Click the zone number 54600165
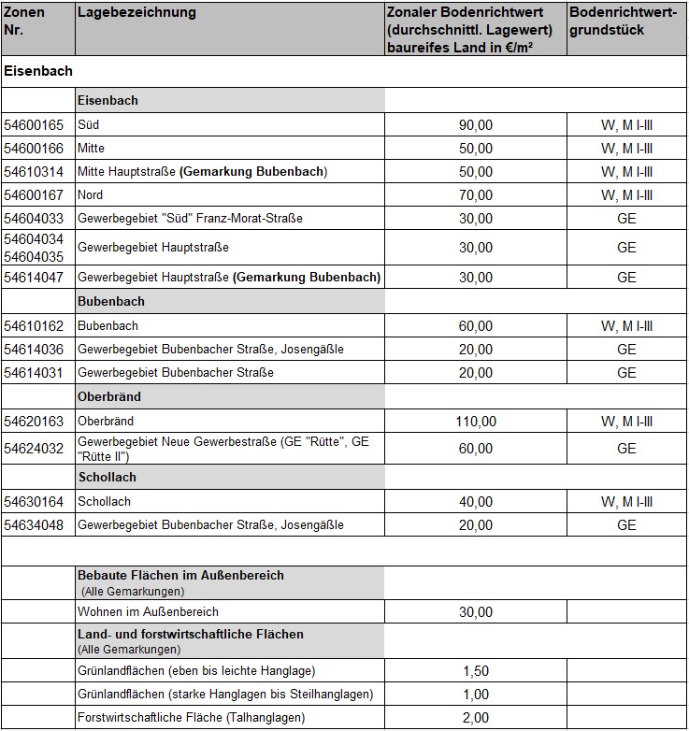[34, 124]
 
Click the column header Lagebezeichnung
[136, 13]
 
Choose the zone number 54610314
[34, 172]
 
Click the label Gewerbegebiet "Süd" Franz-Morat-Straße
[190, 219]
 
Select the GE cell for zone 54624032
[626, 449]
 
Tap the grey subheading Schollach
[108, 477]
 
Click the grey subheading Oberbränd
[109, 396]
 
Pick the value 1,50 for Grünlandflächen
[476, 671]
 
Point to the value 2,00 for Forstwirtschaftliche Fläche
[476, 718]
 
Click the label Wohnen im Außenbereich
[149, 612]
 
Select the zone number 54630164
[34, 501]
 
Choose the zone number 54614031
[34, 373]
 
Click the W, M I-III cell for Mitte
[626, 149]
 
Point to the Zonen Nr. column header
[24, 21]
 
